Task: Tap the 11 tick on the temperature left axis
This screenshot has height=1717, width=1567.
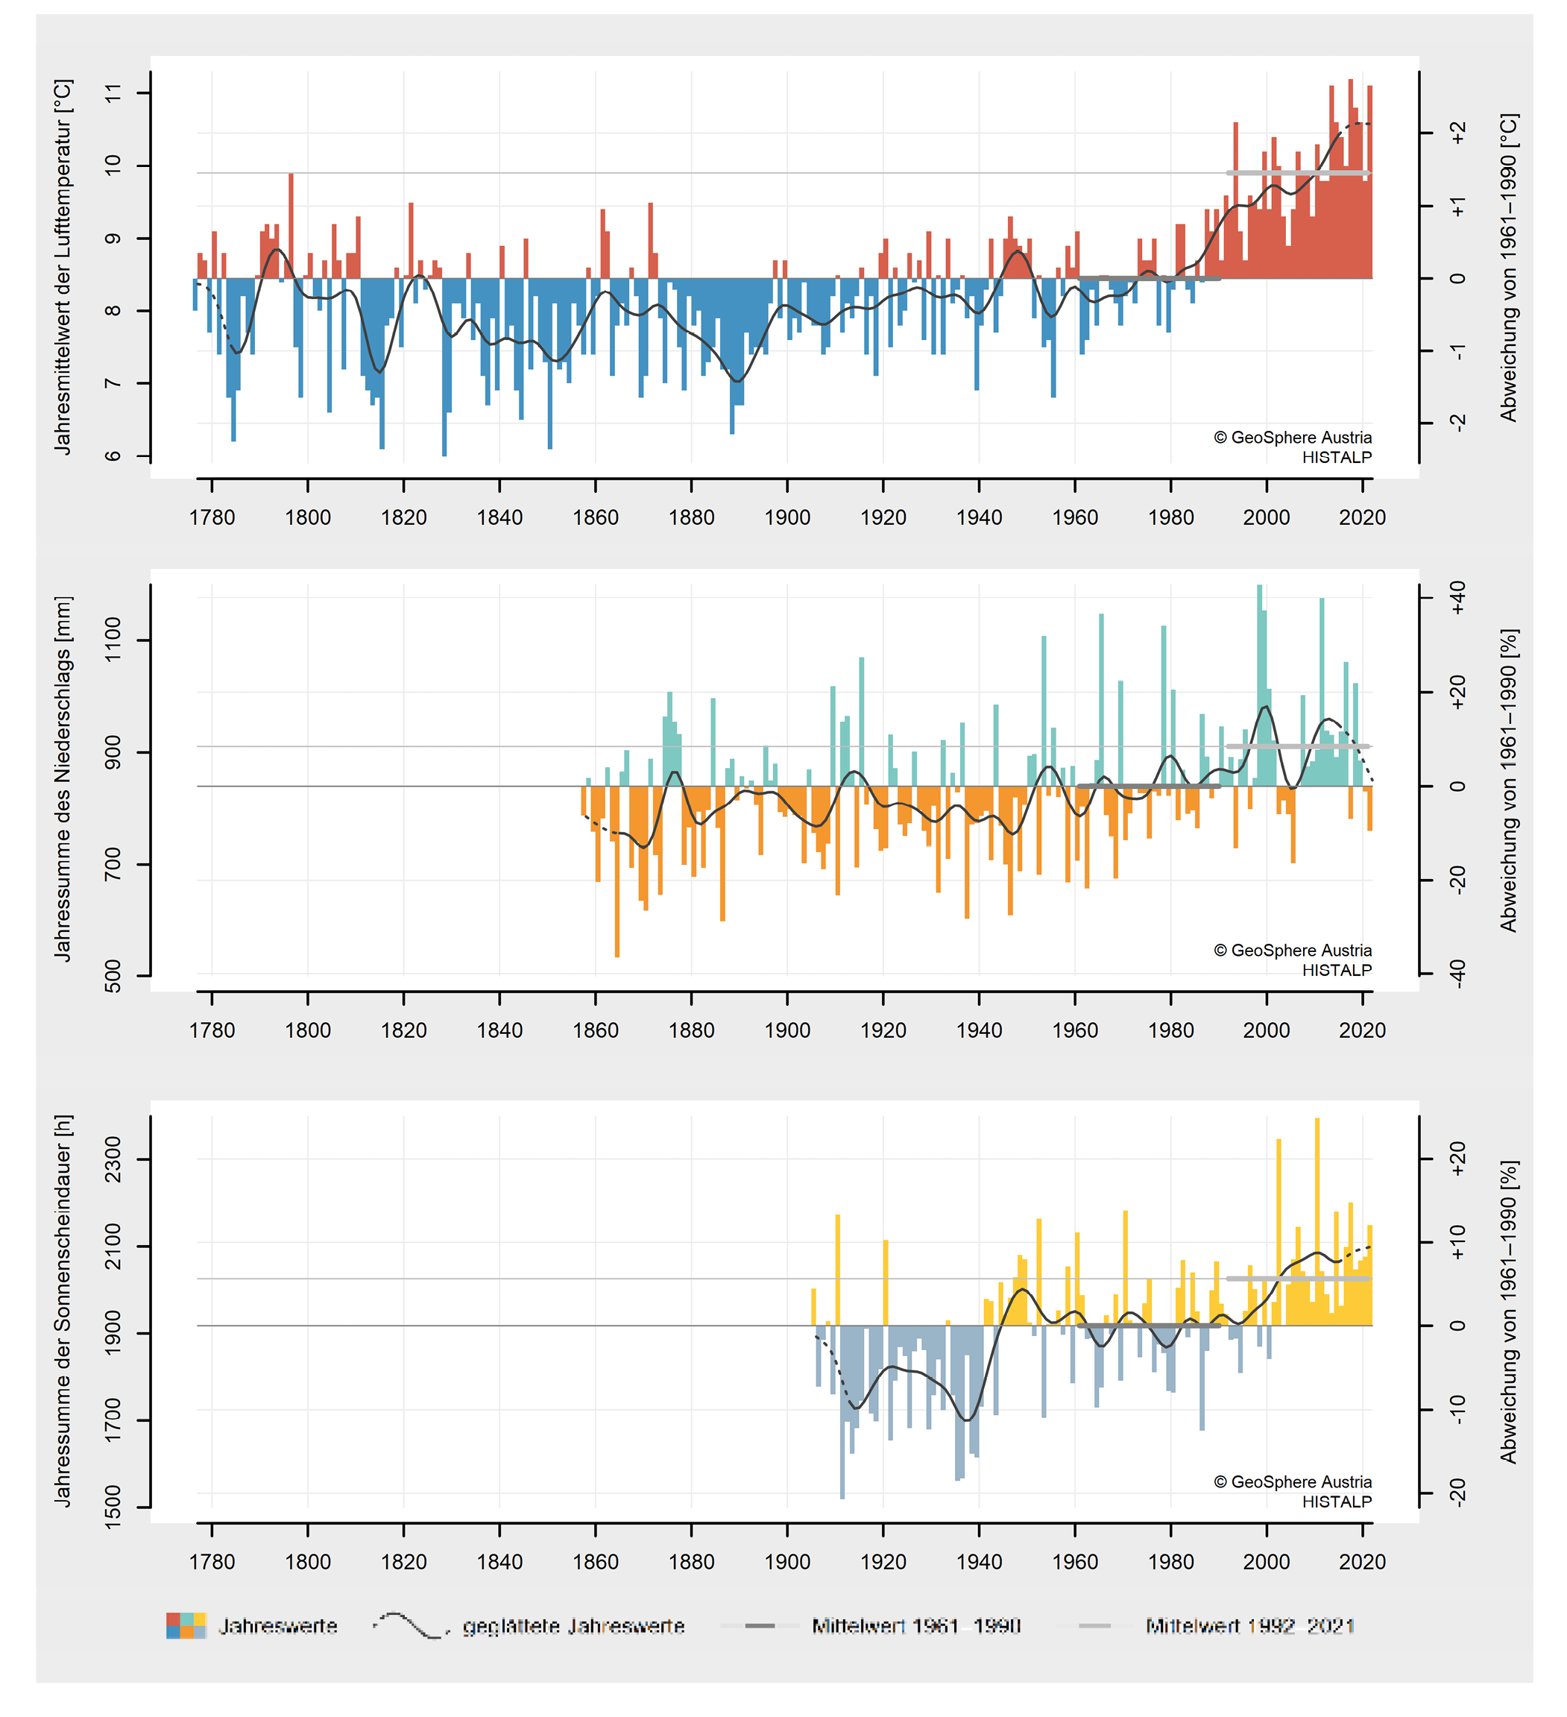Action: click(x=113, y=93)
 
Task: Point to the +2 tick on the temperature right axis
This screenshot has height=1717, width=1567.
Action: click(x=1457, y=133)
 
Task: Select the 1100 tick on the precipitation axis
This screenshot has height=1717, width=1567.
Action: click(x=113, y=640)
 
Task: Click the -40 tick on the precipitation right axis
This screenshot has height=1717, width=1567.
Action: click(x=1457, y=973)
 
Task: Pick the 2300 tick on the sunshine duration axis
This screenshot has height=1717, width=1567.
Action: click(x=113, y=1159)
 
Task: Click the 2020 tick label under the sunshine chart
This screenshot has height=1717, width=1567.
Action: click(x=1361, y=1562)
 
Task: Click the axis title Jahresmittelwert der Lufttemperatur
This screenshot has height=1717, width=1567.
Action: click(x=63, y=267)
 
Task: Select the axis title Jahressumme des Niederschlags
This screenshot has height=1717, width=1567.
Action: click(x=63, y=778)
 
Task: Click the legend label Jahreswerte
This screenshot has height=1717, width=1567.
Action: click(x=277, y=1627)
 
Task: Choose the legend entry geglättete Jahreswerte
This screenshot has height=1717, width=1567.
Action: click(x=573, y=1627)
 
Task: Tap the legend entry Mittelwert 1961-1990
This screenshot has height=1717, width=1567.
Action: click(x=915, y=1627)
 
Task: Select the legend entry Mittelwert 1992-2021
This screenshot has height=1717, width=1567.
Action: click(x=1249, y=1627)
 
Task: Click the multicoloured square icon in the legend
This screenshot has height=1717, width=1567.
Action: click(x=186, y=1626)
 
